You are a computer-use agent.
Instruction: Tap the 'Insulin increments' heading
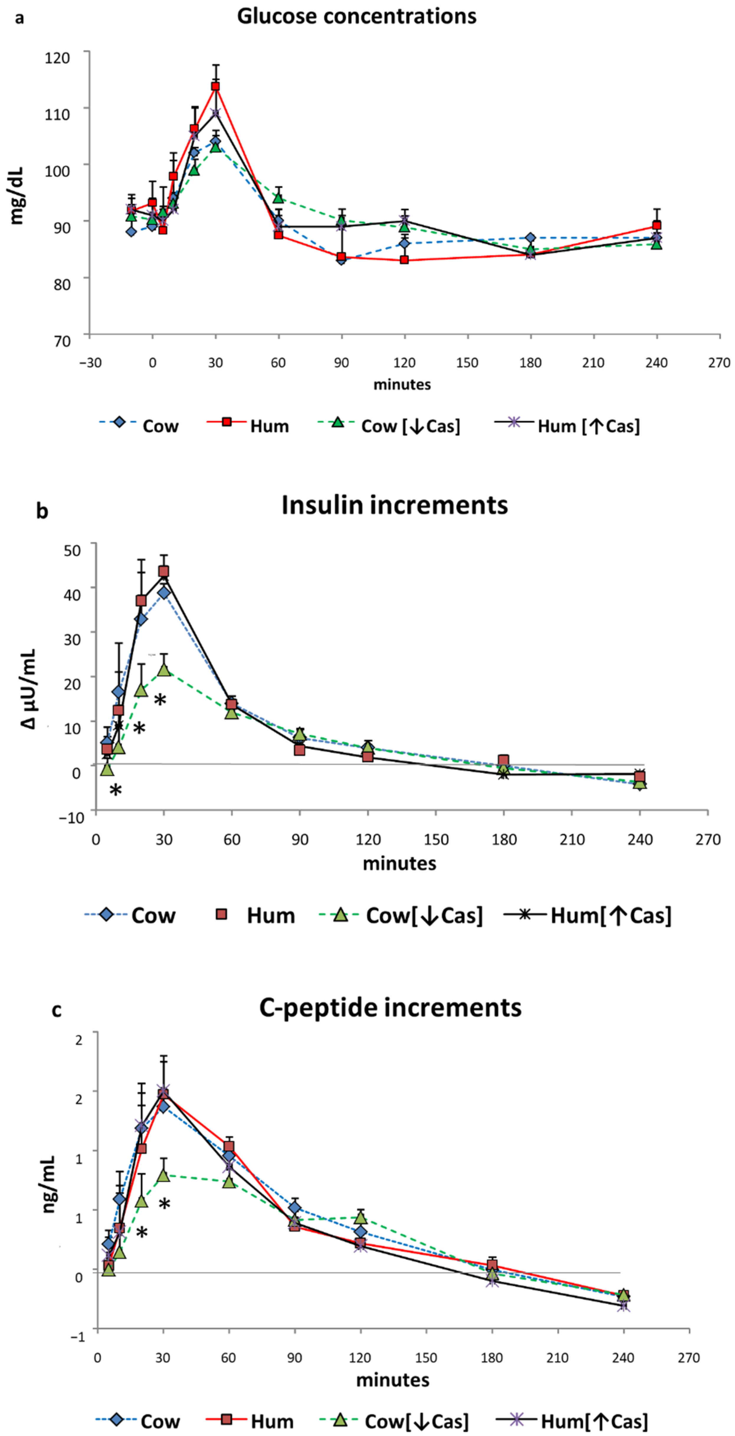394,505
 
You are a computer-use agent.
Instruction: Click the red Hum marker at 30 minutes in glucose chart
215,86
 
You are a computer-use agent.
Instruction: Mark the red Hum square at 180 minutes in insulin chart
503,760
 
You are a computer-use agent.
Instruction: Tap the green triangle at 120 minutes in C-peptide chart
361,1218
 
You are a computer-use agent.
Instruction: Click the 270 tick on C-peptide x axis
689,1357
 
